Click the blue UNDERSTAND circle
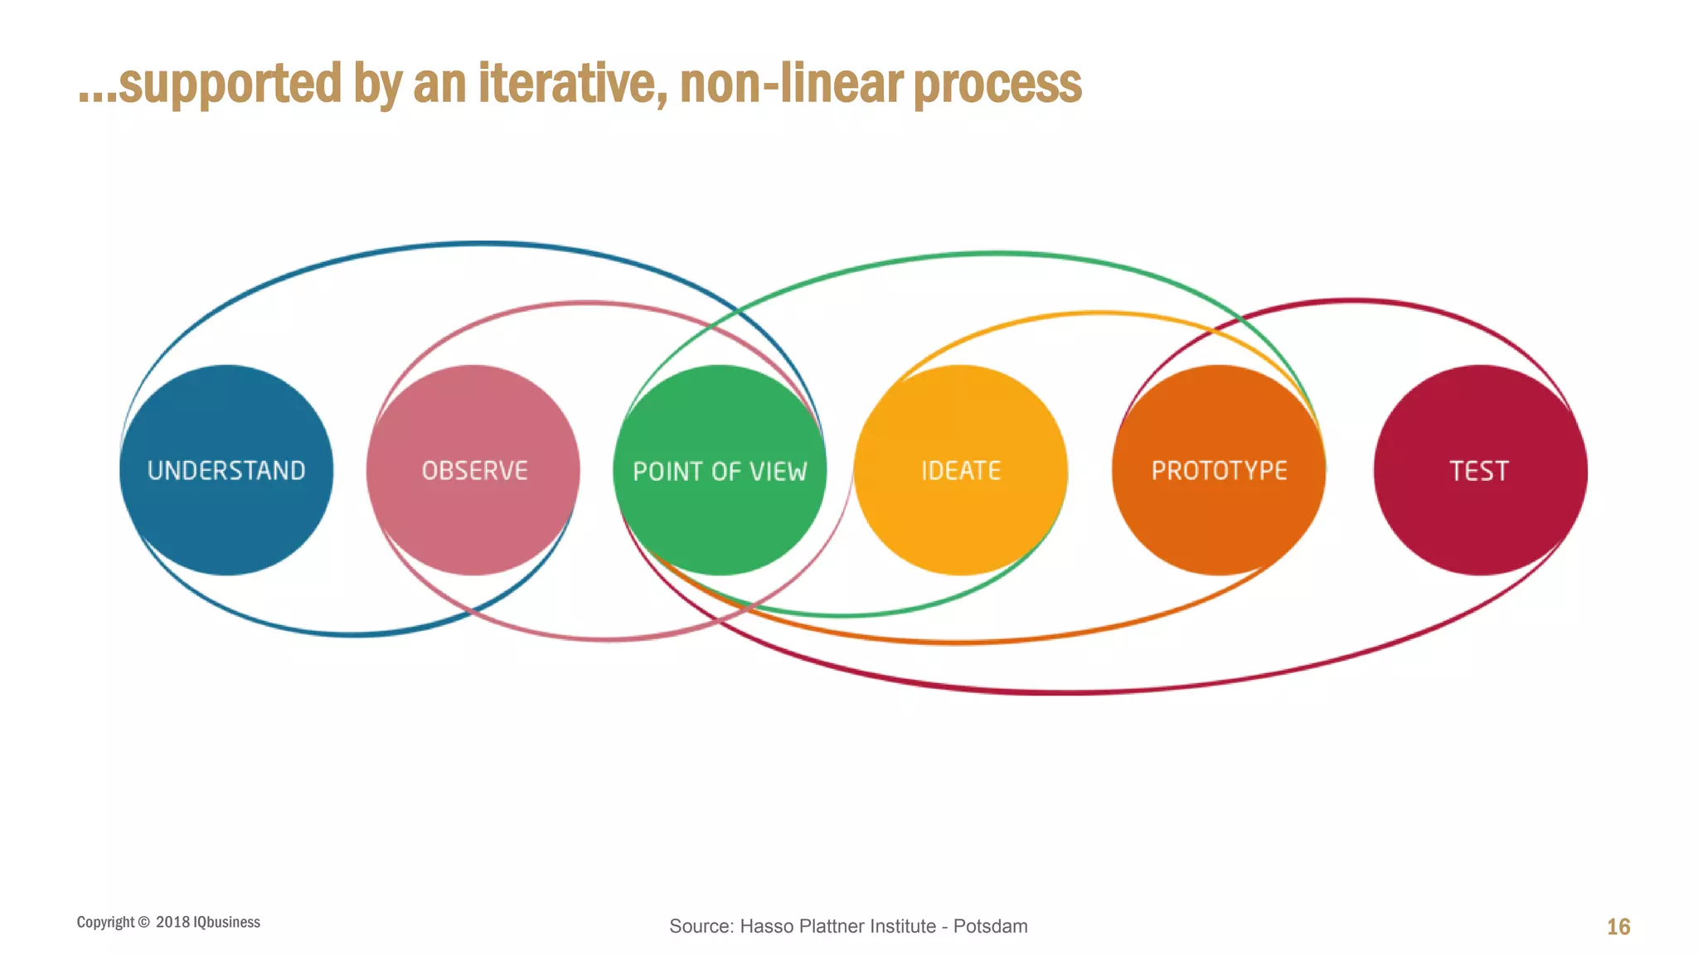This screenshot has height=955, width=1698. [226, 470]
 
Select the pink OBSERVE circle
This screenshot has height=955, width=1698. [473, 470]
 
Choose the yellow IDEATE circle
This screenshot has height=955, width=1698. [961, 470]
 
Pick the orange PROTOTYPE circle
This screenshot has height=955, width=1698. [1219, 470]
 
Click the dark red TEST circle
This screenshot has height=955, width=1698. [1480, 470]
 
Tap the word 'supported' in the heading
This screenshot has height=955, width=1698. [230, 85]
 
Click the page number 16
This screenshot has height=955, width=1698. [1618, 927]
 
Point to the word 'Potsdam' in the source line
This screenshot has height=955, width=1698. [990, 926]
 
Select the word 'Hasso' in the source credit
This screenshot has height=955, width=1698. [764, 926]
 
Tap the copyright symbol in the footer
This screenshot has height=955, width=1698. [144, 923]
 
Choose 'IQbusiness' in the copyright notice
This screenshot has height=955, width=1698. [226, 922]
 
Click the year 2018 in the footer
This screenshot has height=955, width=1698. [172, 922]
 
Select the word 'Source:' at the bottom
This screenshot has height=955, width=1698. [701, 926]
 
